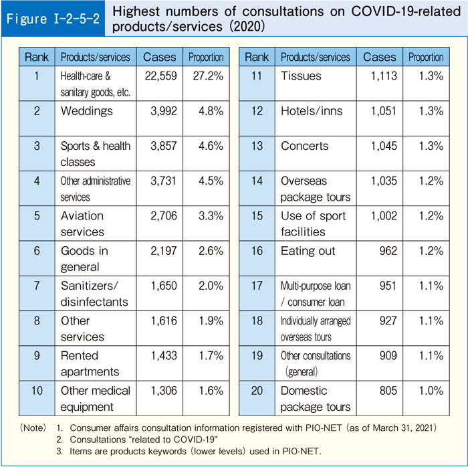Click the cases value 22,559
click(160, 76)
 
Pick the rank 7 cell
click(37, 286)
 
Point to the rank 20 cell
click(257, 391)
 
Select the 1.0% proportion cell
click(427, 391)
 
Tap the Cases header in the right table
click(379, 57)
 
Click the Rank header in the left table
click(37, 57)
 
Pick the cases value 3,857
click(161, 146)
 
